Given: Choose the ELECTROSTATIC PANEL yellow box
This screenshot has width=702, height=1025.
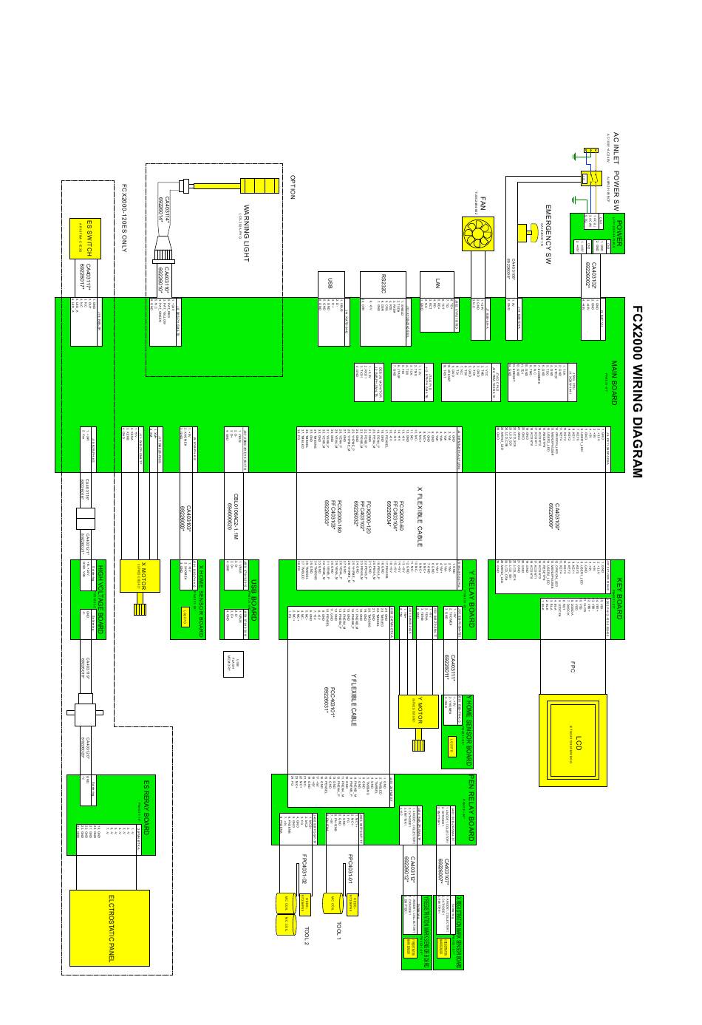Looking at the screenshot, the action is tap(109, 928).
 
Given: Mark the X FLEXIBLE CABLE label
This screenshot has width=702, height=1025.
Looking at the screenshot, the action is tap(420, 516).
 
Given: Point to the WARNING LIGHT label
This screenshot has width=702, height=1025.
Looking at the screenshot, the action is tap(247, 233).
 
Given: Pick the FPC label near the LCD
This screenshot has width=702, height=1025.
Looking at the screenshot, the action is tap(573, 667).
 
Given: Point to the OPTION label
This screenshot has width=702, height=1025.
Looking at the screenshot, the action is tap(293, 187).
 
